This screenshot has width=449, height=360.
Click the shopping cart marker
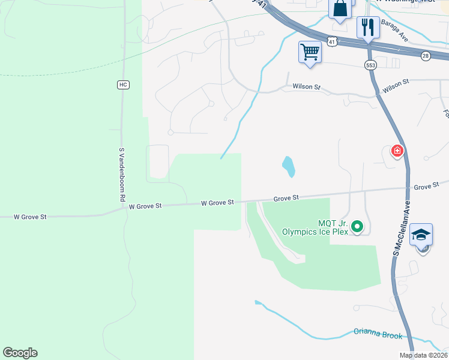pos(310,52)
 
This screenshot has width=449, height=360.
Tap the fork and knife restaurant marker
pos(368,27)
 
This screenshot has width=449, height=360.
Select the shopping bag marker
pos(340,9)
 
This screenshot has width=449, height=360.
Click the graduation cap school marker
pos(421,235)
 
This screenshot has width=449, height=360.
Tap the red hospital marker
pos(397,151)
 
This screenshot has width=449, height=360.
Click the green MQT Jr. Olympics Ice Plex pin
pos(357,226)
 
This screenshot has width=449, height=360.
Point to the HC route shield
pos(122,85)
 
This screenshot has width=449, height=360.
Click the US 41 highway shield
pos(332,40)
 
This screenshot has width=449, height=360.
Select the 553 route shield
pos(370,64)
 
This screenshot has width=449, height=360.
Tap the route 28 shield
pos(425,56)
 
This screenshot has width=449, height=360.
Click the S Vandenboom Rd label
pos(121,175)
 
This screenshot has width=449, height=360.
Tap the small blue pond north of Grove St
pos(289,166)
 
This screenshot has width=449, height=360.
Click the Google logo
pos(20,353)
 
